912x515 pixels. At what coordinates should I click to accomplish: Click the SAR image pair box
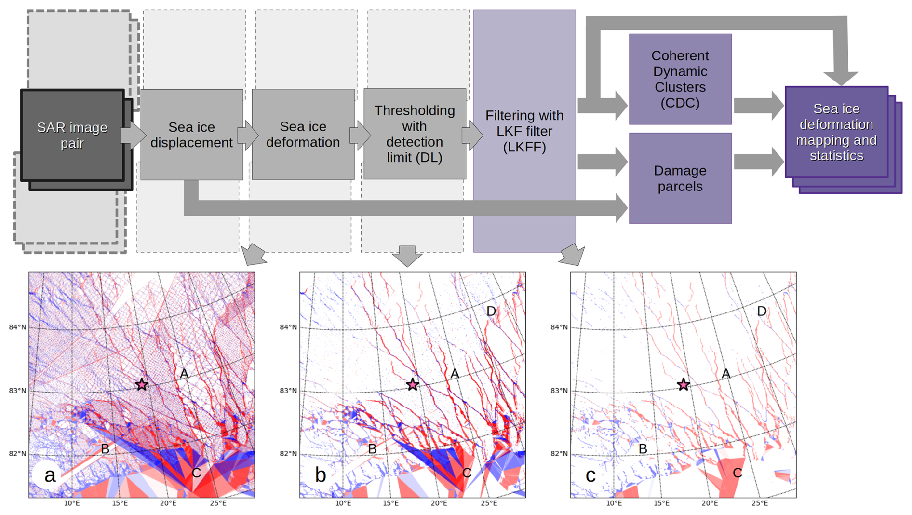click(72, 136)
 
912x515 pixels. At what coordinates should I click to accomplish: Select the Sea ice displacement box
click(191, 135)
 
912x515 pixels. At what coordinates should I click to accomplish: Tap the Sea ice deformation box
click(303, 134)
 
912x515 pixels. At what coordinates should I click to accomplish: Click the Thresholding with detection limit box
click(415, 134)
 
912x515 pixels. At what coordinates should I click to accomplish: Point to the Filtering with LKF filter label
click(524, 131)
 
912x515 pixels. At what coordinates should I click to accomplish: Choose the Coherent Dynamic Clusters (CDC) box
click(680, 79)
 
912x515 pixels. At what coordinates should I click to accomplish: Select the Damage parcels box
click(680, 178)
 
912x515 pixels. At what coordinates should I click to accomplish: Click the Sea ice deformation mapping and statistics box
click(836, 132)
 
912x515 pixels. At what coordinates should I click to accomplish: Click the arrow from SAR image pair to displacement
click(133, 135)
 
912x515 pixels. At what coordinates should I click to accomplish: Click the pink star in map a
click(142, 384)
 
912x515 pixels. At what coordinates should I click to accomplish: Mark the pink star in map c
click(683, 384)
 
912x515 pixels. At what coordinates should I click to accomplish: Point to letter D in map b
click(491, 311)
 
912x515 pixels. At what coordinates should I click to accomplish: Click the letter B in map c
click(643, 449)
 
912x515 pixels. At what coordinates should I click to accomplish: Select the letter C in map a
click(196, 473)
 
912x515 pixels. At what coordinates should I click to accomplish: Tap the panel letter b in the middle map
click(321, 475)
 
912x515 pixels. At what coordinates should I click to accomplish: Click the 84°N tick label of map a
click(17, 327)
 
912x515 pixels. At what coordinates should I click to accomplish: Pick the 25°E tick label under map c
click(760, 503)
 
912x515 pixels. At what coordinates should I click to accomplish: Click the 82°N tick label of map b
click(288, 454)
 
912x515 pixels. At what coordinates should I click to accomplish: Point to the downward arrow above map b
click(407, 256)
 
